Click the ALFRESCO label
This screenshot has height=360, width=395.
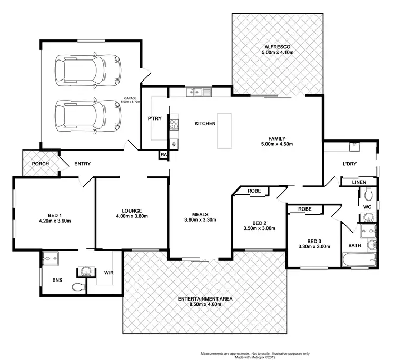(x=277, y=47)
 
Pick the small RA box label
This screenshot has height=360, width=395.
(x=164, y=155)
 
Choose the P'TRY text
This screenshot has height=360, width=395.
(x=154, y=118)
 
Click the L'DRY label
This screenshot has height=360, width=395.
(x=350, y=164)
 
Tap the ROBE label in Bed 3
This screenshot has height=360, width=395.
(x=304, y=209)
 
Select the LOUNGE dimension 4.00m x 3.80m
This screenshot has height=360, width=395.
(x=132, y=216)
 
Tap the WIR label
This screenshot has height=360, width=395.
(x=108, y=273)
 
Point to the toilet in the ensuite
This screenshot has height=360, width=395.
(x=78, y=287)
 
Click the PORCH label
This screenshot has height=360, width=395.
(x=41, y=164)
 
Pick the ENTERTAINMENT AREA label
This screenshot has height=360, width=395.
(x=205, y=298)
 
